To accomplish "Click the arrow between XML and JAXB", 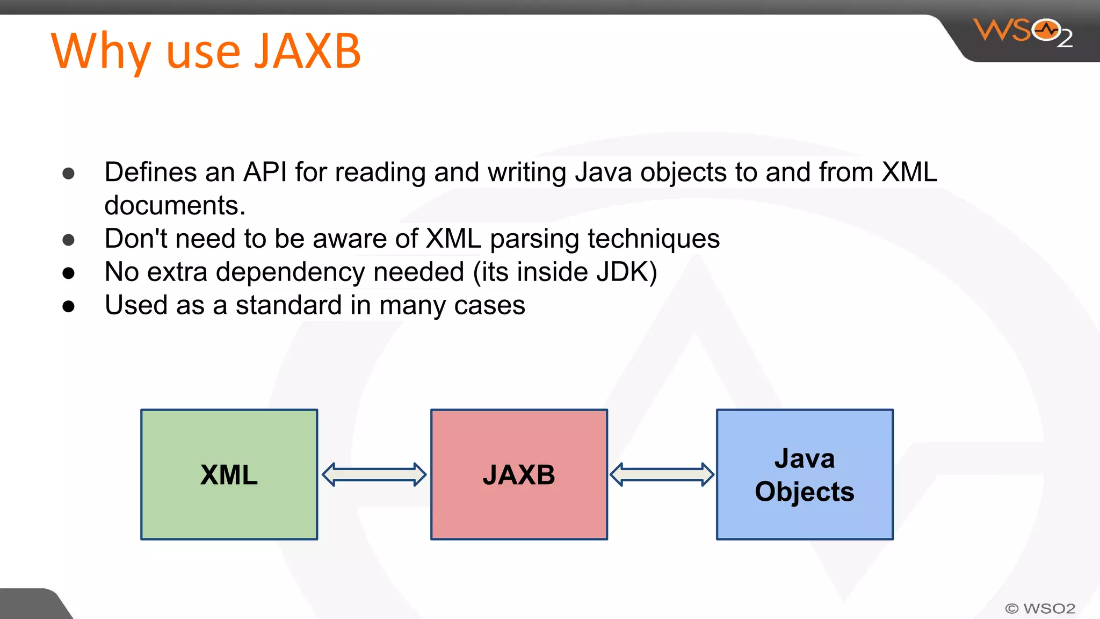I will point(374,474).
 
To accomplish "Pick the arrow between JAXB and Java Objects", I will point(662,474).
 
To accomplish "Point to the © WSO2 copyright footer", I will point(1040,608).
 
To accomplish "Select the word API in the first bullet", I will point(265,172).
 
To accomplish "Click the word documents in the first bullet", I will point(175,206).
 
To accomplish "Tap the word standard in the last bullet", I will point(288,305).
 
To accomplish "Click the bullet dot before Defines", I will point(68,173).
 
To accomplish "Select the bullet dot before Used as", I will point(68,306).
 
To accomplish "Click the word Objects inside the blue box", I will point(804,492).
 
